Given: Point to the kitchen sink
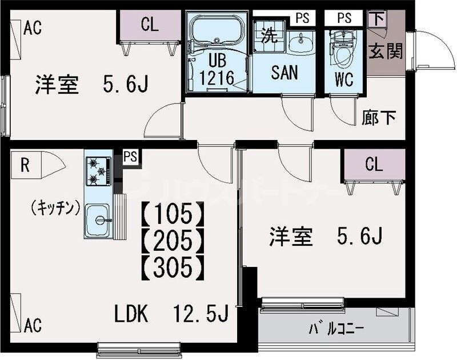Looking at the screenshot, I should tap(98, 219).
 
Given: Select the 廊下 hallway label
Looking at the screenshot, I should tap(379, 118).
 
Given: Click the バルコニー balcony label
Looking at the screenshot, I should tap(336, 329).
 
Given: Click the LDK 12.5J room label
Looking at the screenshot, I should tap(171, 314).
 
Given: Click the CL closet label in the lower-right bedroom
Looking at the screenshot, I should tap(374, 165).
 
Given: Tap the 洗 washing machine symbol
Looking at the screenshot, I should tap(268, 36).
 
